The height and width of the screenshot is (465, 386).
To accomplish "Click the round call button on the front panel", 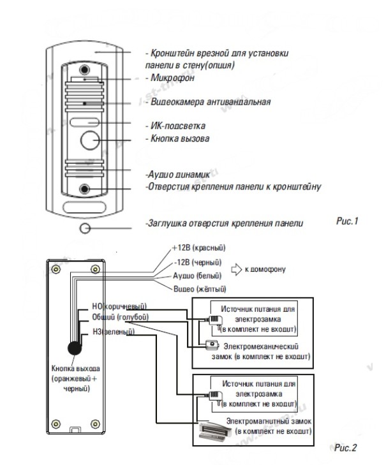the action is coord(90,140).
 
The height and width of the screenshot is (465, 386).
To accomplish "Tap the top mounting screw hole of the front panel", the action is coord(85,70).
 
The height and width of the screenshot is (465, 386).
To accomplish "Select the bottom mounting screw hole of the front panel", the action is coord(85,189).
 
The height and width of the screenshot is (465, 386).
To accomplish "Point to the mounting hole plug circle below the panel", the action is coord(85,228).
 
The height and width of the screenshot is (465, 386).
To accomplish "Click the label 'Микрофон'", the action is coord(173,78).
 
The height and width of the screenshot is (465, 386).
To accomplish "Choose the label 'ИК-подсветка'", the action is coord(178,126).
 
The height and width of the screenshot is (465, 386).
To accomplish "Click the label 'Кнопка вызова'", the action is coord(180,138).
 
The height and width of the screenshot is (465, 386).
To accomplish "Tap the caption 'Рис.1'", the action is coord(347,221).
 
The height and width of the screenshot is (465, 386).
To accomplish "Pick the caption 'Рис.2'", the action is coord(345,448).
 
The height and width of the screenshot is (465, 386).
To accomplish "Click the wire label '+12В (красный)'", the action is coord(199,247).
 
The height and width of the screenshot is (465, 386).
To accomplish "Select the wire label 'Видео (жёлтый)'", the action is coord(200,289).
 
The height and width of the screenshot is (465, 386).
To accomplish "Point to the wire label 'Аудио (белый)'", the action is coord(197,276).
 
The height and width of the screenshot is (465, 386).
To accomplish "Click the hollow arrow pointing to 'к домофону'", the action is coord(237,270).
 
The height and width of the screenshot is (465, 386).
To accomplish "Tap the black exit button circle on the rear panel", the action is coord(75,348).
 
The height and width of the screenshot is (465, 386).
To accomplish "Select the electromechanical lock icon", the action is coord(212,345).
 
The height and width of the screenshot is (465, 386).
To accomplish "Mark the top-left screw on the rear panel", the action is coord(56,270).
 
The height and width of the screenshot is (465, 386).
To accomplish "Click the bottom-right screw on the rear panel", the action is coord(95,424).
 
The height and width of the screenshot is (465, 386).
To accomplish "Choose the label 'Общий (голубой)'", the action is coord(120,317).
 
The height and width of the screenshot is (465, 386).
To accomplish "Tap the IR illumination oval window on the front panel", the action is coord(85,122).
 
